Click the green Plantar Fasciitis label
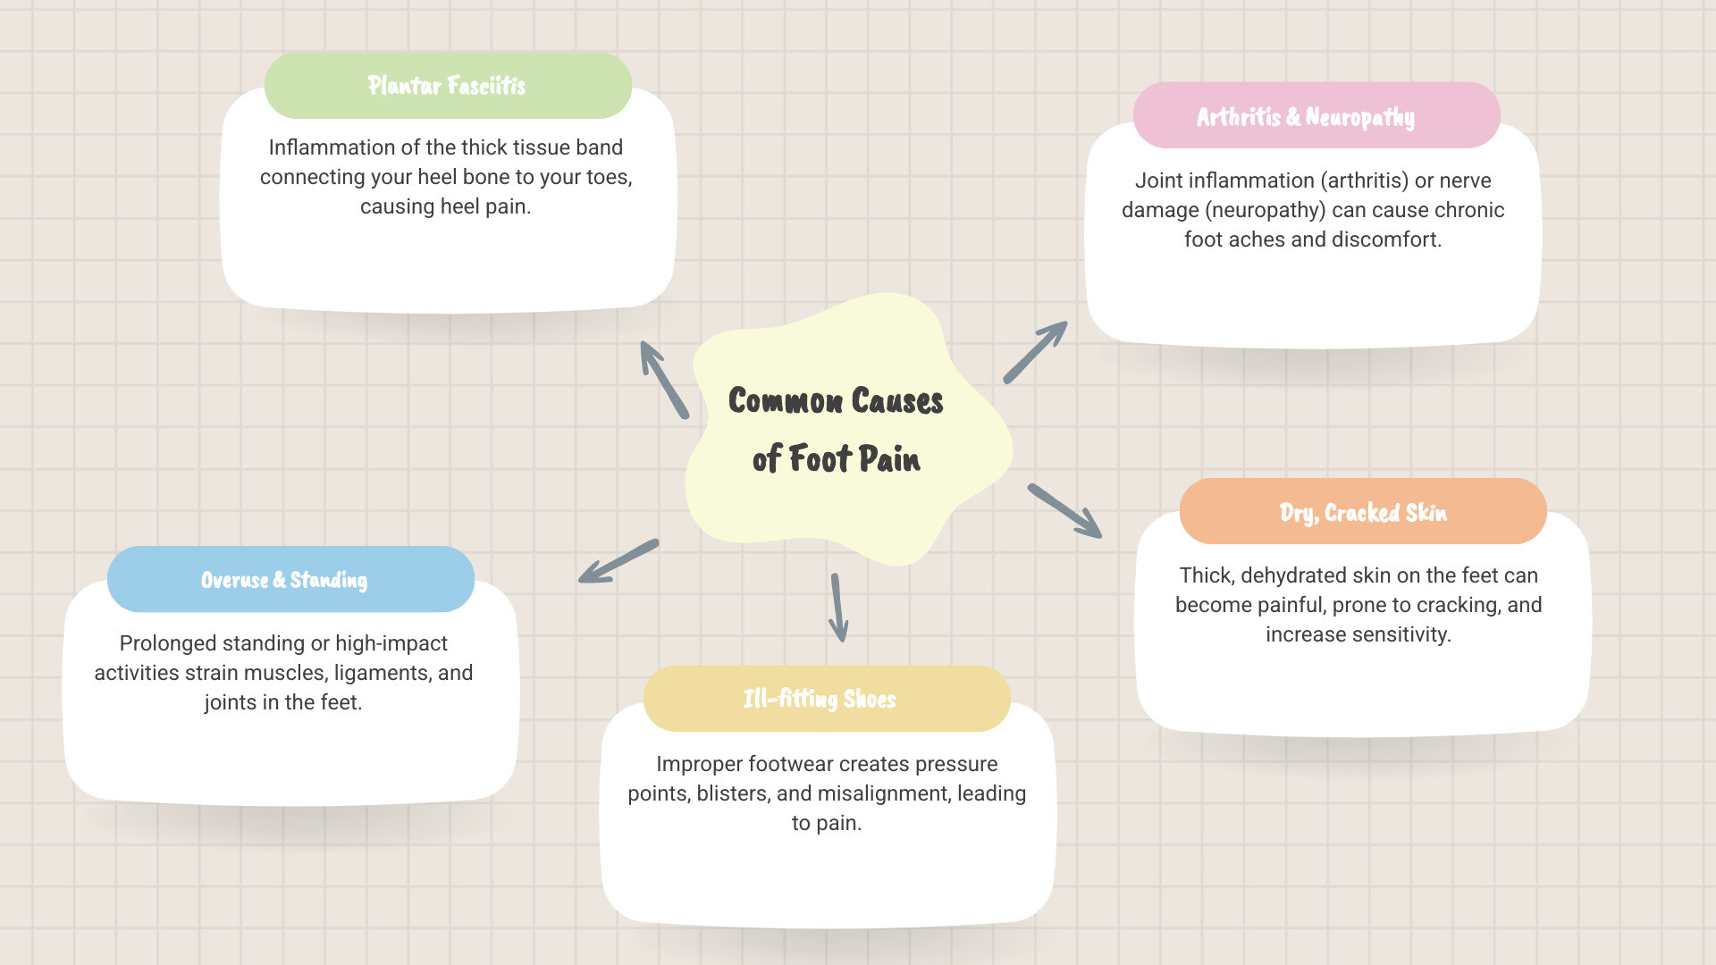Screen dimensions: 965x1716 (x=447, y=86)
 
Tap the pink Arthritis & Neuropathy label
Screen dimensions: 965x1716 (x=1305, y=117)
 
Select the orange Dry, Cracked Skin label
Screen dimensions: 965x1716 (x=1362, y=512)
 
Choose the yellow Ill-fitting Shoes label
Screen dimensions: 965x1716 (x=820, y=699)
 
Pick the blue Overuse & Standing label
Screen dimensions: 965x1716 (x=284, y=580)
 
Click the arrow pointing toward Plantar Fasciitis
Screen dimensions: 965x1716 (x=664, y=380)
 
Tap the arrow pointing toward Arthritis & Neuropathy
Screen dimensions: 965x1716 (x=1035, y=353)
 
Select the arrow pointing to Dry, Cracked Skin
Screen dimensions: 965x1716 (x=1064, y=511)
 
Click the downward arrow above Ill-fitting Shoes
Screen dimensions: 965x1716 (x=838, y=608)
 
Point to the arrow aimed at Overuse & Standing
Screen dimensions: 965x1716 (x=618, y=562)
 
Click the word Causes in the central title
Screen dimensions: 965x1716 (x=896, y=401)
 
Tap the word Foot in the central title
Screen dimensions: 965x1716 (x=819, y=459)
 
